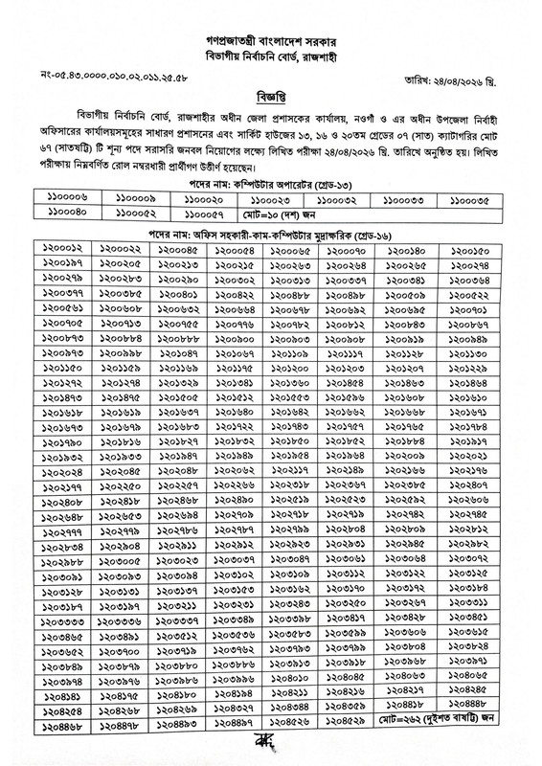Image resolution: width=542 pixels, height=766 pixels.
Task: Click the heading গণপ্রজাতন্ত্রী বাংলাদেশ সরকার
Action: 271,44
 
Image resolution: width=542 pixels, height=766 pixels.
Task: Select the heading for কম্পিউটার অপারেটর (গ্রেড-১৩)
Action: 271,183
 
